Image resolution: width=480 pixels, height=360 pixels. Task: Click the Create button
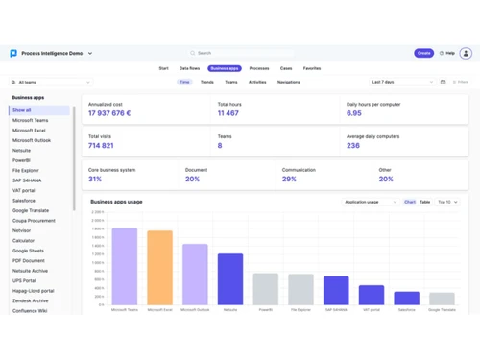pos(423,53)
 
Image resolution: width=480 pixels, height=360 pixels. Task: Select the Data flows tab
pos(189,69)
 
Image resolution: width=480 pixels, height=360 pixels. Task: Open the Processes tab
pos(259,69)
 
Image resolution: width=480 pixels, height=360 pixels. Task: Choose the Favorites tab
pos(312,69)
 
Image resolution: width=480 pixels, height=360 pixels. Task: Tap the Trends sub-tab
pos(207,83)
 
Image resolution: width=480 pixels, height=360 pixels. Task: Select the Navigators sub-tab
pos(288,83)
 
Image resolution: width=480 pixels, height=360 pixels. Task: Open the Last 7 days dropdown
pos(402,83)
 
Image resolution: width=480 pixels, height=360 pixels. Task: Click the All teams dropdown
pos(50,83)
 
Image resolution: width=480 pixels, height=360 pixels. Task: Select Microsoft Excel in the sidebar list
pos(29,131)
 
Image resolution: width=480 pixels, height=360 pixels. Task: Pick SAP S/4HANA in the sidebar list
pos(29,180)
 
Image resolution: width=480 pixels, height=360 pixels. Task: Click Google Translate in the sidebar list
pos(31,210)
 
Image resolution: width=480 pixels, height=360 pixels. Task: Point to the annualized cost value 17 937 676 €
pos(109,113)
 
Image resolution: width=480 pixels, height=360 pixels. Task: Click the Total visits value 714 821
pos(101,146)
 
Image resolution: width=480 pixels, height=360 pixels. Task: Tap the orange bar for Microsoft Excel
pos(159,268)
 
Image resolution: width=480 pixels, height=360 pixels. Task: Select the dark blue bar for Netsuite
pos(230,279)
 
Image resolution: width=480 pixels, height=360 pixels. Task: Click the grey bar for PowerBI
pos(266,289)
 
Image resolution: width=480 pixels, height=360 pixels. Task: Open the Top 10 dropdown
pos(447,203)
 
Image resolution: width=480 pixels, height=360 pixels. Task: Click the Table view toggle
pos(425,203)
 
